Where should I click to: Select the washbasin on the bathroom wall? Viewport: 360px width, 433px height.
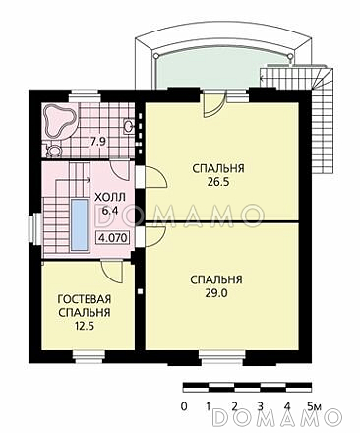point(130,126)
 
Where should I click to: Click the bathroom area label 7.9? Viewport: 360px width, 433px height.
point(97,143)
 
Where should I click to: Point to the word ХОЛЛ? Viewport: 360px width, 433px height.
point(110,198)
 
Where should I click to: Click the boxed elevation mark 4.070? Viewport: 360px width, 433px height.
point(112,237)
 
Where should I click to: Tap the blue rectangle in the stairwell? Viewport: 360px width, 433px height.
point(80,224)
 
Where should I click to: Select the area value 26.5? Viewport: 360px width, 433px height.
point(217,182)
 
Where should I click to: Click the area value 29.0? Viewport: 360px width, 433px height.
point(216,293)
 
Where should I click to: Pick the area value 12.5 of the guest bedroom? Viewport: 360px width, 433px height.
point(85,326)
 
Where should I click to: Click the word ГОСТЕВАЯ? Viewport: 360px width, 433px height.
point(85,300)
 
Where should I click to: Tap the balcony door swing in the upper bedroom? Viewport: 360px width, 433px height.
point(213,104)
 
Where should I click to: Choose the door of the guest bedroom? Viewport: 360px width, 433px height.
point(112,272)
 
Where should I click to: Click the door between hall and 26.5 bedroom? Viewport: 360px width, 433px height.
point(155,177)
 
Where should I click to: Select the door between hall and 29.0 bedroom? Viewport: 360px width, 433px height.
point(155,236)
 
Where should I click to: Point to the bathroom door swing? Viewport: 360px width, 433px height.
point(120,170)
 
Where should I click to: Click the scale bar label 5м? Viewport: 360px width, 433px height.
point(314,407)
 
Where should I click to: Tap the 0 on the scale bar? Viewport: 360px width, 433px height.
point(184,407)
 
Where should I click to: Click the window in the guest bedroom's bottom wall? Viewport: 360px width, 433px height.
point(87,356)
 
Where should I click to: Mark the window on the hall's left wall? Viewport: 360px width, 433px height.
point(34,229)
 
